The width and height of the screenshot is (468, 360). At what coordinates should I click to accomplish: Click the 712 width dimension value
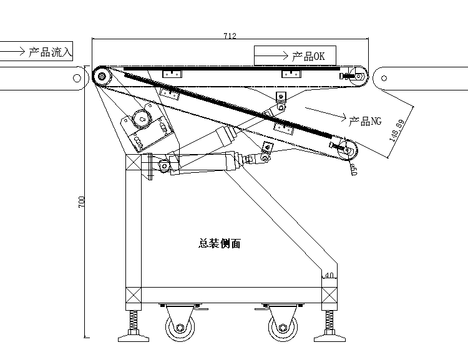point(230,36)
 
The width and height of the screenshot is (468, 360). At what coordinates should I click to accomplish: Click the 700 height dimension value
point(82,202)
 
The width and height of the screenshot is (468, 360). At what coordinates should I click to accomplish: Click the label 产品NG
point(364,121)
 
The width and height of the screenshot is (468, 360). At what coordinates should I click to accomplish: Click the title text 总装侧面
point(219,244)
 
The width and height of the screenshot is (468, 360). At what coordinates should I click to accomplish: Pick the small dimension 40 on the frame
point(329,275)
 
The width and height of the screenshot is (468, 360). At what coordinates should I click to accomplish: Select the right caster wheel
point(281,328)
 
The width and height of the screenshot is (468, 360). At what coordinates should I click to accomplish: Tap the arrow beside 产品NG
point(324,113)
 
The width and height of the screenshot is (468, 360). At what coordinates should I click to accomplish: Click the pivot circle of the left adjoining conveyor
point(77,78)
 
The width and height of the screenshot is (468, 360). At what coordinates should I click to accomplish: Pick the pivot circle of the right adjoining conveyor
point(384,78)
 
